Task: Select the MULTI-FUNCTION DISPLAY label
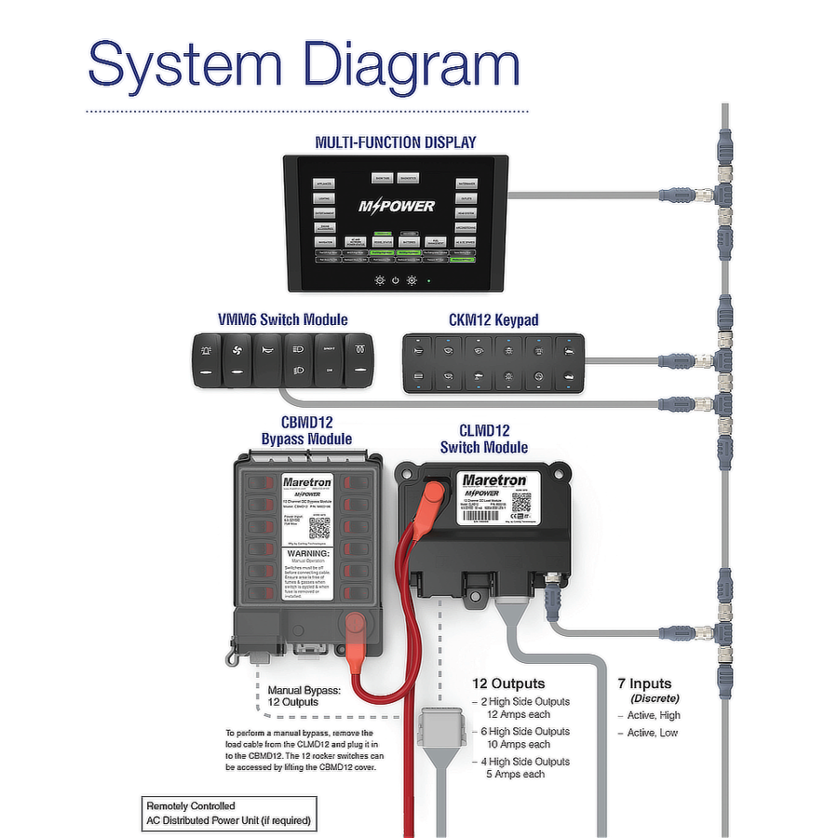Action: pyautogui.click(x=396, y=142)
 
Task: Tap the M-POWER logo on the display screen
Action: pyautogui.click(x=397, y=206)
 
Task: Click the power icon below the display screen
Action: pyautogui.click(x=396, y=279)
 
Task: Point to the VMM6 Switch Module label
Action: pyautogui.click(x=282, y=319)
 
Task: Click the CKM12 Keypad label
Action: pyautogui.click(x=493, y=319)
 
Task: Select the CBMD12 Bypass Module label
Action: pyautogui.click(x=306, y=430)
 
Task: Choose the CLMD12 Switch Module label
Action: pyautogui.click(x=484, y=439)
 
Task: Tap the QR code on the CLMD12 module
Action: pyautogui.click(x=521, y=502)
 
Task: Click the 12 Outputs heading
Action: pyautogui.click(x=508, y=683)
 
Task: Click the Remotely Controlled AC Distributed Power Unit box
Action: pyautogui.click(x=228, y=814)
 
